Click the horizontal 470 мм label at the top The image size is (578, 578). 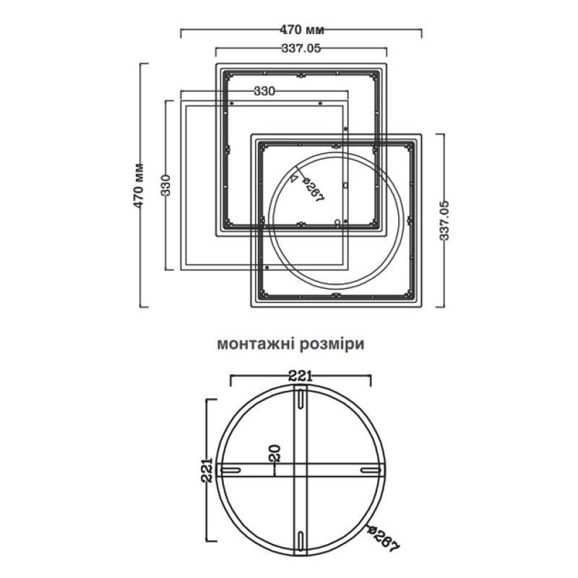tap(302, 30)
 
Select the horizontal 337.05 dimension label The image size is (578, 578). tap(301, 48)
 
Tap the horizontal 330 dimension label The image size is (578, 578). tap(264, 91)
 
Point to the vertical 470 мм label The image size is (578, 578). tap(139, 186)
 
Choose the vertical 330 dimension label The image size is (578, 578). tap(166, 186)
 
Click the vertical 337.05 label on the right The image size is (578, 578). tap(445, 220)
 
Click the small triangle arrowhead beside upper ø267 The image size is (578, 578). tap(293, 179)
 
